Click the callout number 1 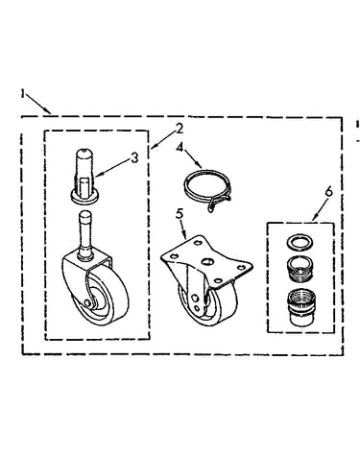pyautogui.click(x=23, y=94)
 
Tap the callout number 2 pyautogui.click(x=180, y=129)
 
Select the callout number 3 pyautogui.click(x=134, y=157)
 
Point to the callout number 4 pyautogui.click(x=180, y=148)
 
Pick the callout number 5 pyautogui.click(x=180, y=214)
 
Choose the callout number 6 pyautogui.click(x=328, y=192)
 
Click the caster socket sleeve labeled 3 pyautogui.click(x=84, y=176)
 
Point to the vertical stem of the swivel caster pyautogui.click(x=85, y=232)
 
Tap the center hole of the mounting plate pyautogui.click(x=207, y=261)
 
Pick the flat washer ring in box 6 pyautogui.click(x=300, y=242)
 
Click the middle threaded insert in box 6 pyautogui.click(x=300, y=268)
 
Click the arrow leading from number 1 pyautogui.click(x=38, y=104)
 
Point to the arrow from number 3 pyautogui.click(x=112, y=168)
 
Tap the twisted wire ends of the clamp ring pyautogui.click(x=218, y=204)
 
